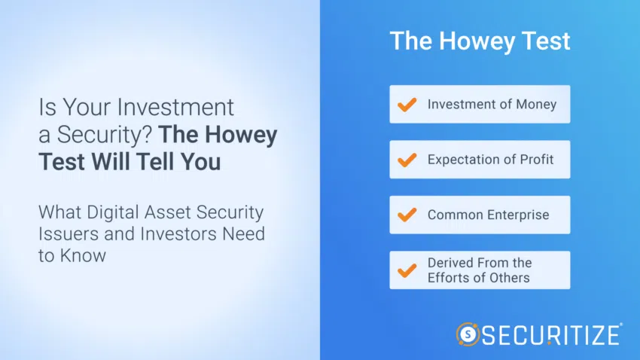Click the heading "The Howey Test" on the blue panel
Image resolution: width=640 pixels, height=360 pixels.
480,41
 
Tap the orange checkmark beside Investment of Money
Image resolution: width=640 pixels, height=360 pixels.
407,105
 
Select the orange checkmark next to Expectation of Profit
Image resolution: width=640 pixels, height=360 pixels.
407,160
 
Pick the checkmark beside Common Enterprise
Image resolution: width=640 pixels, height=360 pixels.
407,215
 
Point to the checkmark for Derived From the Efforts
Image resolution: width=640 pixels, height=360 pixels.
407,270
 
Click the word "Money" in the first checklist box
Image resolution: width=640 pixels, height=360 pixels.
536,105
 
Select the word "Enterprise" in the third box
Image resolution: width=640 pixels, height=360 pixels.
518,215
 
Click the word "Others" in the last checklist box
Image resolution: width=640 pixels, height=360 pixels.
510,278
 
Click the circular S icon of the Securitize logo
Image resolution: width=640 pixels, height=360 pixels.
468,334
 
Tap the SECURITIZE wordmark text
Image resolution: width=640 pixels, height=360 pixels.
551,335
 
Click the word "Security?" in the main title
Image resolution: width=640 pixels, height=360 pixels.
105,135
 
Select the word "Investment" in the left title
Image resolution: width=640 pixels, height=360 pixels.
175,108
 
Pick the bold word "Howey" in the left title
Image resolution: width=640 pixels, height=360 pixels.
241,135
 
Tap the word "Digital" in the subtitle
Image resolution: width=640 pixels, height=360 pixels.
113,212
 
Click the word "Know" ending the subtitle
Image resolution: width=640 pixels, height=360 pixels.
83,255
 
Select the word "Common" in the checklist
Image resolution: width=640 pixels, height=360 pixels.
455,215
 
